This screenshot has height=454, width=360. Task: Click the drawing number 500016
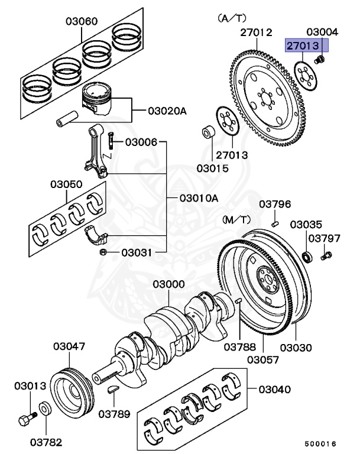click(320, 443)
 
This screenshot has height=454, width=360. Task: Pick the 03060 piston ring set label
click(81, 22)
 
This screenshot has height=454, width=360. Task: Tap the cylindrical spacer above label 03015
click(209, 132)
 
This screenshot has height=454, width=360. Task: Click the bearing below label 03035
click(307, 256)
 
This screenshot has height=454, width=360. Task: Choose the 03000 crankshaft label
click(168, 284)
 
